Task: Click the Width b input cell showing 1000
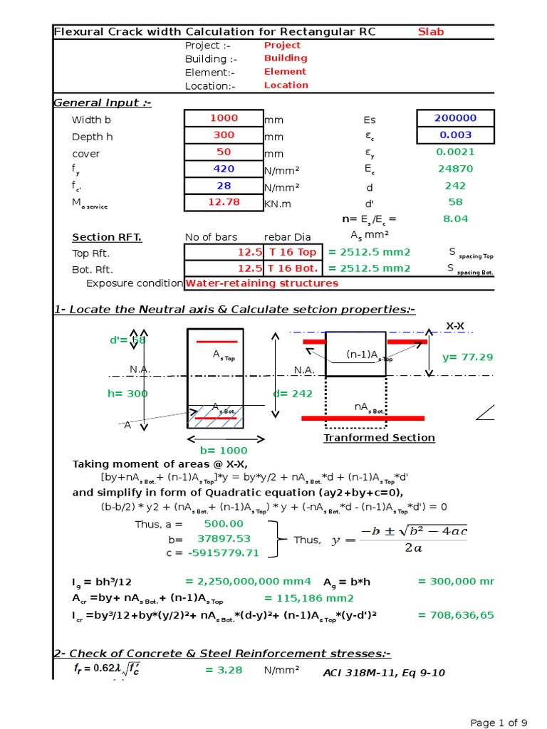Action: tap(224, 118)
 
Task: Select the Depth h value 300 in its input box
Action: tap(224, 135)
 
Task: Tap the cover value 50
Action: tap(224, 152)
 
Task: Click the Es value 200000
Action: tap(455, 118)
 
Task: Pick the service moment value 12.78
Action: tap(224, 202)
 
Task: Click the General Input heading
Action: tap(103, 103)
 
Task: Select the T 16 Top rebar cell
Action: tap(292, 253)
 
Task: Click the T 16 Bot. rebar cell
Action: tap(292, 269)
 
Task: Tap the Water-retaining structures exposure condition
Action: tap(262, 283)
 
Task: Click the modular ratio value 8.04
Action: tap(455, 219)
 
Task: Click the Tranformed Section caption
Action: tap(379, 438)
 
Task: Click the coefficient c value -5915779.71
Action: tap(223, 553)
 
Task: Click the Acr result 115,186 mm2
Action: tap(308, 599)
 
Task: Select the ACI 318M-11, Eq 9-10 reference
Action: tap(384, 673)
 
